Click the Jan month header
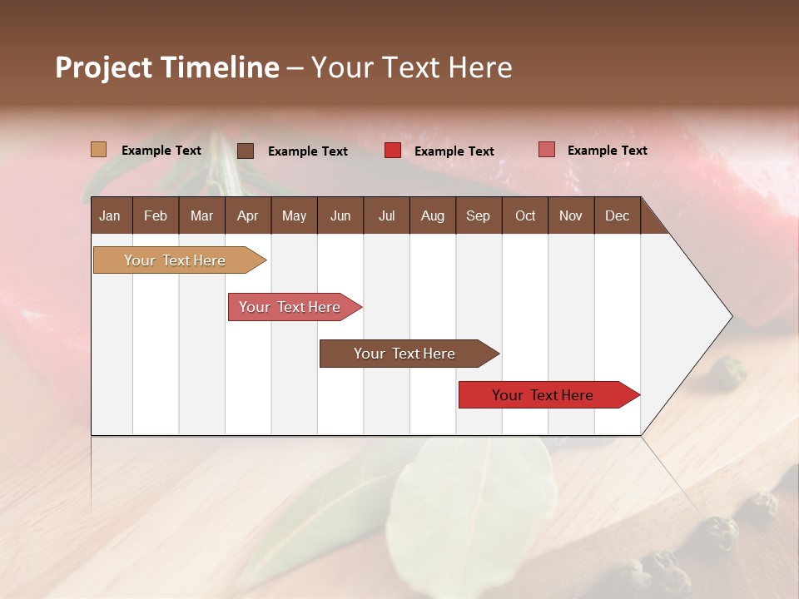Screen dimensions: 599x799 coord(110,215)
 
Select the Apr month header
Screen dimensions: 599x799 coord(247,215)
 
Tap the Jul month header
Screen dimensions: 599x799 coord(386,215)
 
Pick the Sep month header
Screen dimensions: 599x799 coord(478,215)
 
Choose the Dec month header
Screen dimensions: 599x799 coord(617,215)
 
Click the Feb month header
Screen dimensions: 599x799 coord(156,215)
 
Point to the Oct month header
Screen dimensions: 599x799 coord(525,215)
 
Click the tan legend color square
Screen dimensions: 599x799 coord(98,150)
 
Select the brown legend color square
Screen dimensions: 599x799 coord(246,151)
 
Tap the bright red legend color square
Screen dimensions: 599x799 coord(393,151)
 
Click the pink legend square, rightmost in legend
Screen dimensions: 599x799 coord(546,150)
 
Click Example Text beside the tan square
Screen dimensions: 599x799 coord(161,151)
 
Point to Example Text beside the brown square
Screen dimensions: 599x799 coord(308,151)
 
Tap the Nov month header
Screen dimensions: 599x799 coord(570,215)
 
